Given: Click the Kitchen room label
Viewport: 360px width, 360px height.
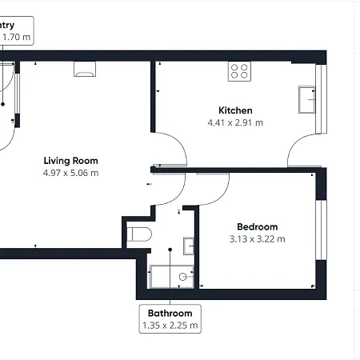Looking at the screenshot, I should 235,110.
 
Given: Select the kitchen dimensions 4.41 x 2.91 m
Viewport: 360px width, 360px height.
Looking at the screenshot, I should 235,123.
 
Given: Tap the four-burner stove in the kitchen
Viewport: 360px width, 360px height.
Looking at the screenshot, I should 240,71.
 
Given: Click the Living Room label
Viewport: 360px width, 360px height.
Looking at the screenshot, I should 71,160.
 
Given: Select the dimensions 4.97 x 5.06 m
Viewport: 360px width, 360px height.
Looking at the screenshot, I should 71,173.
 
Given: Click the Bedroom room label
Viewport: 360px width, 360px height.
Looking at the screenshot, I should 257,226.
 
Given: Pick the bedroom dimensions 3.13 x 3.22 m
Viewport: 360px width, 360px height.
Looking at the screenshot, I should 257,238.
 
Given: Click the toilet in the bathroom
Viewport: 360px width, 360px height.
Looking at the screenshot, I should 140,234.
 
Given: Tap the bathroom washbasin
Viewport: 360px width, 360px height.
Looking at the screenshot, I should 189,245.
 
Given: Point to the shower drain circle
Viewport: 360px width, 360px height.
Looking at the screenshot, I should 183,276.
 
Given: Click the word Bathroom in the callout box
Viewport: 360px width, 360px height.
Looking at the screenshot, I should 170,313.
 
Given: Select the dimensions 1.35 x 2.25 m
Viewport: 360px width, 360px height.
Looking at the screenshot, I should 170,326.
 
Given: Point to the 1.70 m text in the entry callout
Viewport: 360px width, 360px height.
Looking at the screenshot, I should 16,37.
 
